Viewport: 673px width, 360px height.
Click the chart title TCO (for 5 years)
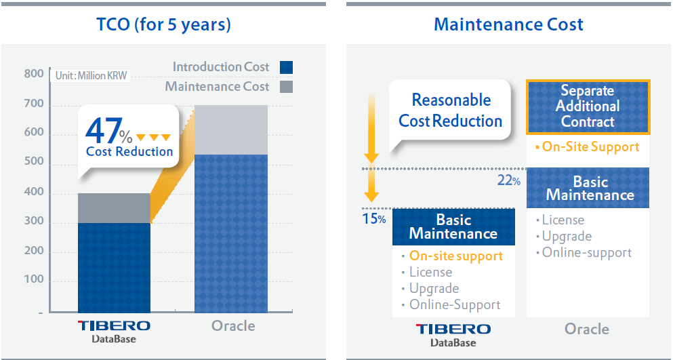tap(163, 25)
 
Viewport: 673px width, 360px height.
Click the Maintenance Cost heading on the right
tap(508, 25)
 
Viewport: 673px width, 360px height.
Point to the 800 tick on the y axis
tap(34, 74)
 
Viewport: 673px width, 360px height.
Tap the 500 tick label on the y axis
tap(34, 162)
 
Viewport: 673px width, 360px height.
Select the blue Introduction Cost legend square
tap(286, 67)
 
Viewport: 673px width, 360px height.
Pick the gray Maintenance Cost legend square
tap(286, 87)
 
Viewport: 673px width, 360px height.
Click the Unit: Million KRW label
tap(91, 75)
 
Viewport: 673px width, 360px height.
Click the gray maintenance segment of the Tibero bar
tap(114, 208)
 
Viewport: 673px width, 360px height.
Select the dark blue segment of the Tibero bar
tap(114, 267)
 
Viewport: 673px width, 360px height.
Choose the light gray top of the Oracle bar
tap(230, 129)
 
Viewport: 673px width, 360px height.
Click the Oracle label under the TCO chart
tap(233, 325)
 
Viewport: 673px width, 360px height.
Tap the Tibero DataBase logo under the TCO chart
tap(114, 330)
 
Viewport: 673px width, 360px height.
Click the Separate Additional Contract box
tap(588, 106)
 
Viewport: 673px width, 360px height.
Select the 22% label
tap(508, 180)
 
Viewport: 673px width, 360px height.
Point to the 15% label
tap(374, 219)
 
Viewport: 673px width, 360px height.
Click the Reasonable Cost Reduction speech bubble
tap(450, 111)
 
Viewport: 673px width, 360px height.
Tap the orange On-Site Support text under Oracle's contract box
tap(590, 146)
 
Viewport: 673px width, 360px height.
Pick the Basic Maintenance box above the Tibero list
tap(453, 226)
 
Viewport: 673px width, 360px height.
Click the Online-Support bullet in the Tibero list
tap(454, 304)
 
